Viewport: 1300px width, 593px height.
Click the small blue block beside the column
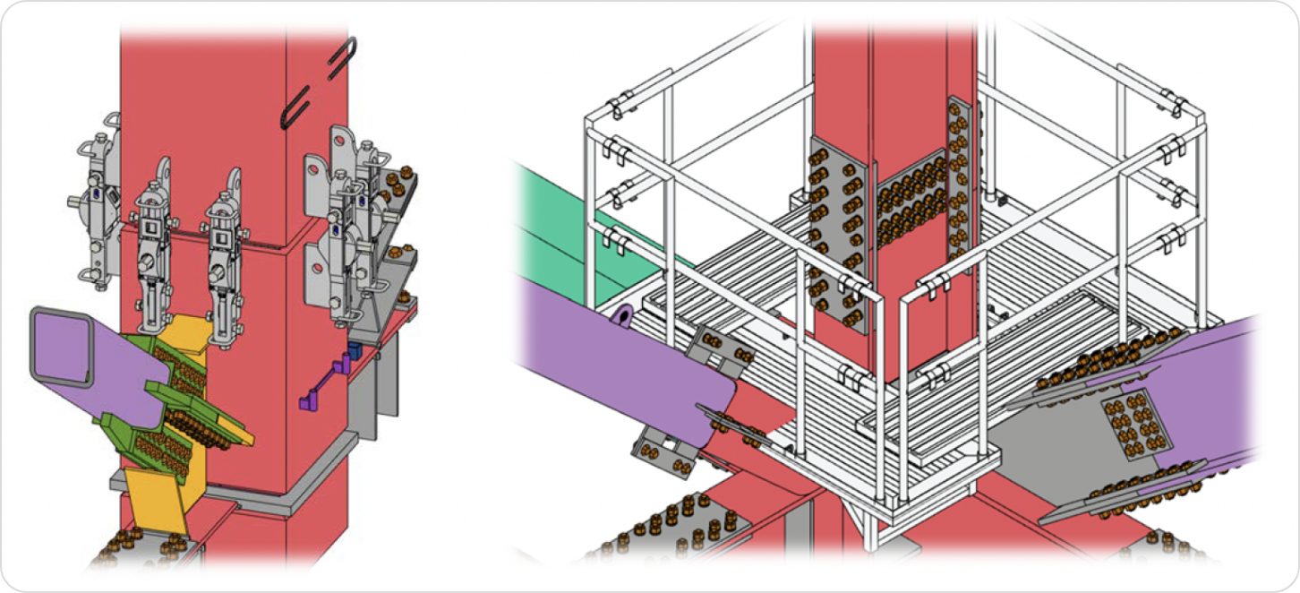pos(355,351)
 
